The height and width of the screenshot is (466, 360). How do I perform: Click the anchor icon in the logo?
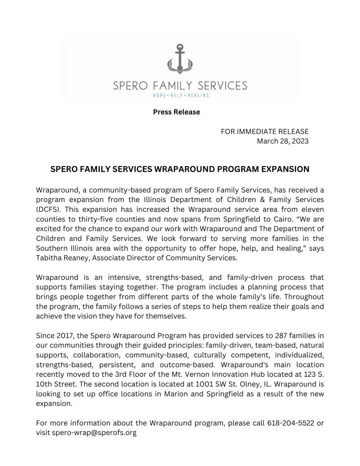tap(180, 60)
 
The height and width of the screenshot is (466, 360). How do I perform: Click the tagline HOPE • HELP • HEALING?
tap(180, 95)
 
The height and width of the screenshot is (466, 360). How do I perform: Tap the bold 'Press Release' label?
tap(177, 112)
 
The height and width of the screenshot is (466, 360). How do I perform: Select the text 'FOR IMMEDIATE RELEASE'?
tap(264, 132)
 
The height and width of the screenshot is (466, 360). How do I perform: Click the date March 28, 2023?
tap(283, 141)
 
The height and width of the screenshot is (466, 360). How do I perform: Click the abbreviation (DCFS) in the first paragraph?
tap(48, 209)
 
